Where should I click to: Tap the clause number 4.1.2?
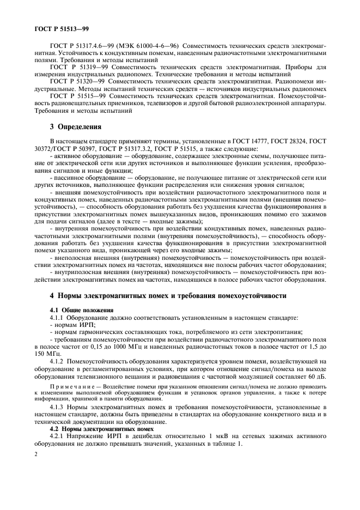coord(58,360)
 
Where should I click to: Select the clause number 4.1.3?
coord(58,408)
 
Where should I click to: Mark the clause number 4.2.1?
coord(58,436)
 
